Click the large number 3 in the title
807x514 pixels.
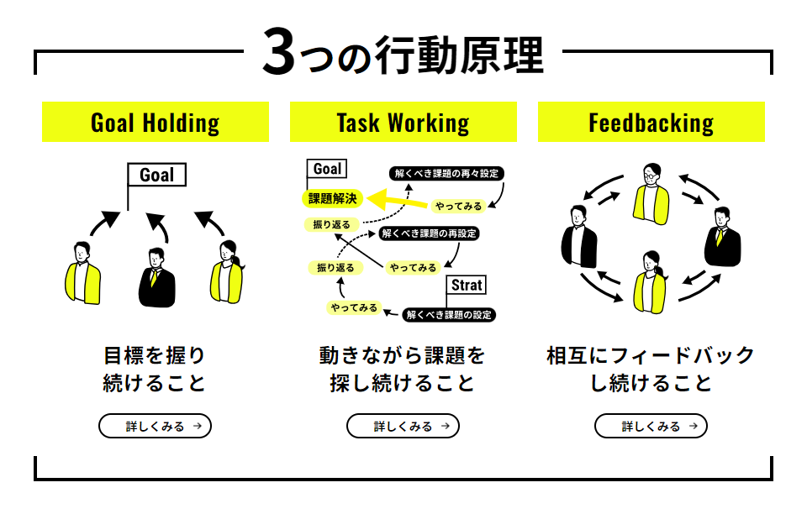click(x=281, y=53)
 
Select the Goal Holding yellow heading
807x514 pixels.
click(x=156, y=123)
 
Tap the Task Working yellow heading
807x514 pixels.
click(x=403, y=123)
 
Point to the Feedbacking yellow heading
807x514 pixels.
click(x=651, y=123)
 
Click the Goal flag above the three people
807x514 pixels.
click(x=156, y=175)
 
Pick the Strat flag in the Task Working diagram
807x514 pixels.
click(x=467, y=286)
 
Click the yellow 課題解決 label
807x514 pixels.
click(x=333, y=199)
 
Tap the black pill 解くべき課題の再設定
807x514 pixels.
click(x=429, y=233)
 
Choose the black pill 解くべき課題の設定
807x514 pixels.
click(x=448, y=315)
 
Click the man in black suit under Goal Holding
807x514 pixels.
click(x=156, y=278)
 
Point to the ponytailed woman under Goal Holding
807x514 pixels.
click(x=227, y=274)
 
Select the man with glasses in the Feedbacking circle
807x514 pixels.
click(x=651, y=191)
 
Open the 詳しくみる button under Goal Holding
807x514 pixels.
click(x=156, y=426)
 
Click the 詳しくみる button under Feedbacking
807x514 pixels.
click(x=651, y=426)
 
